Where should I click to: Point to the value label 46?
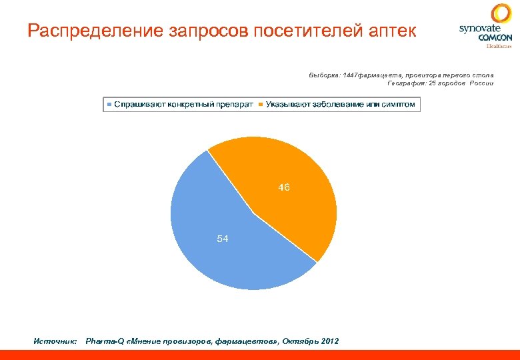[284, 188]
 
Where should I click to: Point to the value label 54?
[223, 239]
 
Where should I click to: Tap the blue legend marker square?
[109, 105]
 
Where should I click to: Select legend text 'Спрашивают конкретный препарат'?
[183, 105]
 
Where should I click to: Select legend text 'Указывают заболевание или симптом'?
[340, 105]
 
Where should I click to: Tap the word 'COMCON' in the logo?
[495, 38]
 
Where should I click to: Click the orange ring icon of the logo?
[501, 13]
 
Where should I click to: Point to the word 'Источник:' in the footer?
[56, 341]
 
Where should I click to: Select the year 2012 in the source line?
[329, 341]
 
